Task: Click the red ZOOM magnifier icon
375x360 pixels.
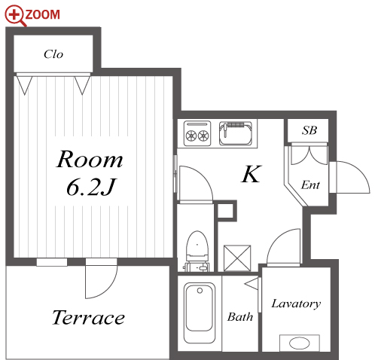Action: [15, 15]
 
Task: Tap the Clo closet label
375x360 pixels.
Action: [53, 54]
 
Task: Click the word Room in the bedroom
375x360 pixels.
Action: [90, 159]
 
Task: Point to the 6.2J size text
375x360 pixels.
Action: [91, 187]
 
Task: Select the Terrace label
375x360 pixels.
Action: [88, 317]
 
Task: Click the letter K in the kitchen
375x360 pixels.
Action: [252, 174]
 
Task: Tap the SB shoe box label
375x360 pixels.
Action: [309, 130]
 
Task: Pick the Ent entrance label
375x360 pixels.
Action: [310, 185]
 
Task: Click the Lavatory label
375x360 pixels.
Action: [296, 304]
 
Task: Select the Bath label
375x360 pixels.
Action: [240, 317]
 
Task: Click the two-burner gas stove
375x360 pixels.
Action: [197, 133]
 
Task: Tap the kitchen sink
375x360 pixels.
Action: [236, 133]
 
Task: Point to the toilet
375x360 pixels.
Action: [197, 251]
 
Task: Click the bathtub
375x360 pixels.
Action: [200, 313]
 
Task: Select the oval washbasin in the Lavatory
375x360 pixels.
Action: [299, 343]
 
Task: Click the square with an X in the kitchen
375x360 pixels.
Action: [237, 258]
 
